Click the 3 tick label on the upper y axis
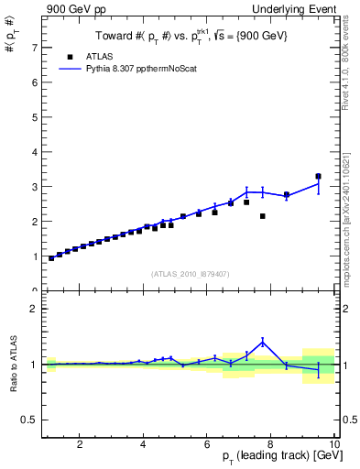tap(34, 186)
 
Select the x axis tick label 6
tap(207, 444)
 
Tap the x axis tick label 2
tap(81, 444)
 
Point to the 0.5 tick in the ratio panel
tap(29, 420)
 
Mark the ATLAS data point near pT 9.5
tap(318, 176)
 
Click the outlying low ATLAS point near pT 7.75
tap(263, 216)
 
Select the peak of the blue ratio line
tap(263, 342)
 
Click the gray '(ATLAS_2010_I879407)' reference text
tap(191, 273)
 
